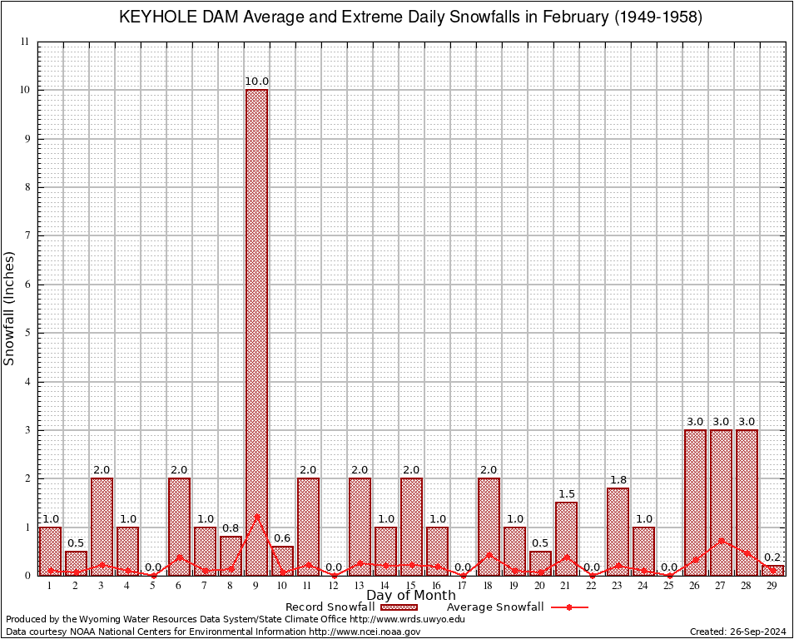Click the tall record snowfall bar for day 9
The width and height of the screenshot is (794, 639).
pos(256,333)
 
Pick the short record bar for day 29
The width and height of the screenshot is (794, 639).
pos(772,570)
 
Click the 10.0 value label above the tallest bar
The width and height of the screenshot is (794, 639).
pos(256,82)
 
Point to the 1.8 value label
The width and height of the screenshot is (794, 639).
pos(618,480)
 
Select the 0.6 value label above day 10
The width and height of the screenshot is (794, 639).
pos(282,538)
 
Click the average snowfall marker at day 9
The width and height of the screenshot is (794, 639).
pos(256,516)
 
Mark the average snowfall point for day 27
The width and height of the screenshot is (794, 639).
pos(721,541)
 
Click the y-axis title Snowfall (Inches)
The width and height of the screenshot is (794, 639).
pos(10,308)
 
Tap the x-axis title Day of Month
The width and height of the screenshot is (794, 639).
pos(410,596)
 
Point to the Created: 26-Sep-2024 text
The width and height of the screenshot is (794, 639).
pos(737,632)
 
